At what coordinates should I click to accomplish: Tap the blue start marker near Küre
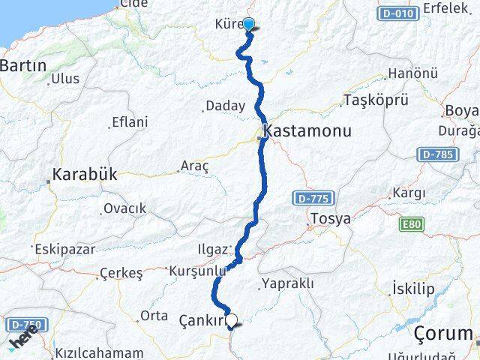pyautogui.click(x=248, y=25)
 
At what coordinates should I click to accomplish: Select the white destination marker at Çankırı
pyautogui.click(x=232, y=320)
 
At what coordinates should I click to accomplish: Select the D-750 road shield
pyautogui.click(x=27, y=325)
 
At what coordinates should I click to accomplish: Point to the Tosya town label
pyautogui.click(x=331, y=220)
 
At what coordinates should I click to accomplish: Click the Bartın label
pyautogui.click(x=23, y=66)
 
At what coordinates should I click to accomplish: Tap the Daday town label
pyautogui.click(x=225, y=106)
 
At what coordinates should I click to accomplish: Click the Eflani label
pyautogui.click(x=129, y=122)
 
